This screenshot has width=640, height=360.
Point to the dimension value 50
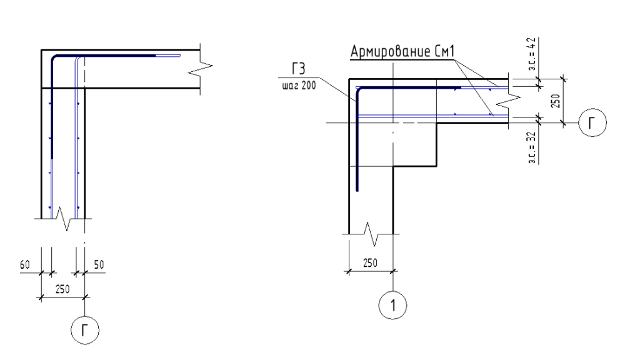(99, 265)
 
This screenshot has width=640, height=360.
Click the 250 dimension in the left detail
(62, 289)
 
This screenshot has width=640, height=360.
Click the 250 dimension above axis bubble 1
(369, 262)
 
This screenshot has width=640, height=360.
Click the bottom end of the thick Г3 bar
(356, 189)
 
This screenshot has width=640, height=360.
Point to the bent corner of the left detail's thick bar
(54, 58)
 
